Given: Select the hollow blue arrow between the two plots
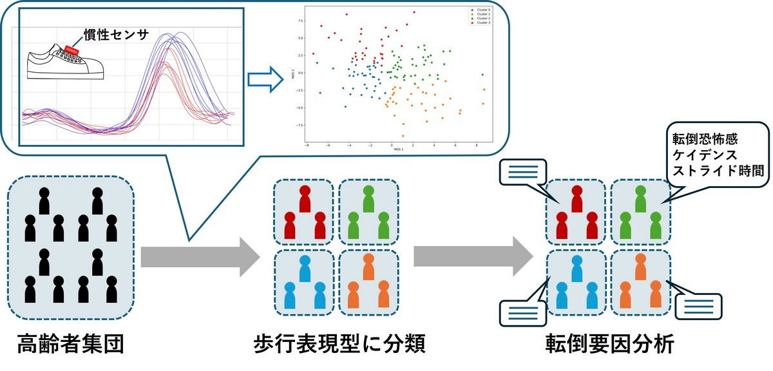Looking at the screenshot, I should coord(266,79).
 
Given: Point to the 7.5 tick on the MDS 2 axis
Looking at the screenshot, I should coord(299,20).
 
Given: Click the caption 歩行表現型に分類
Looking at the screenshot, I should coord(339,345).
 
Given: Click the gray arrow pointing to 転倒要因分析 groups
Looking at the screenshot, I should coord(473,256).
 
